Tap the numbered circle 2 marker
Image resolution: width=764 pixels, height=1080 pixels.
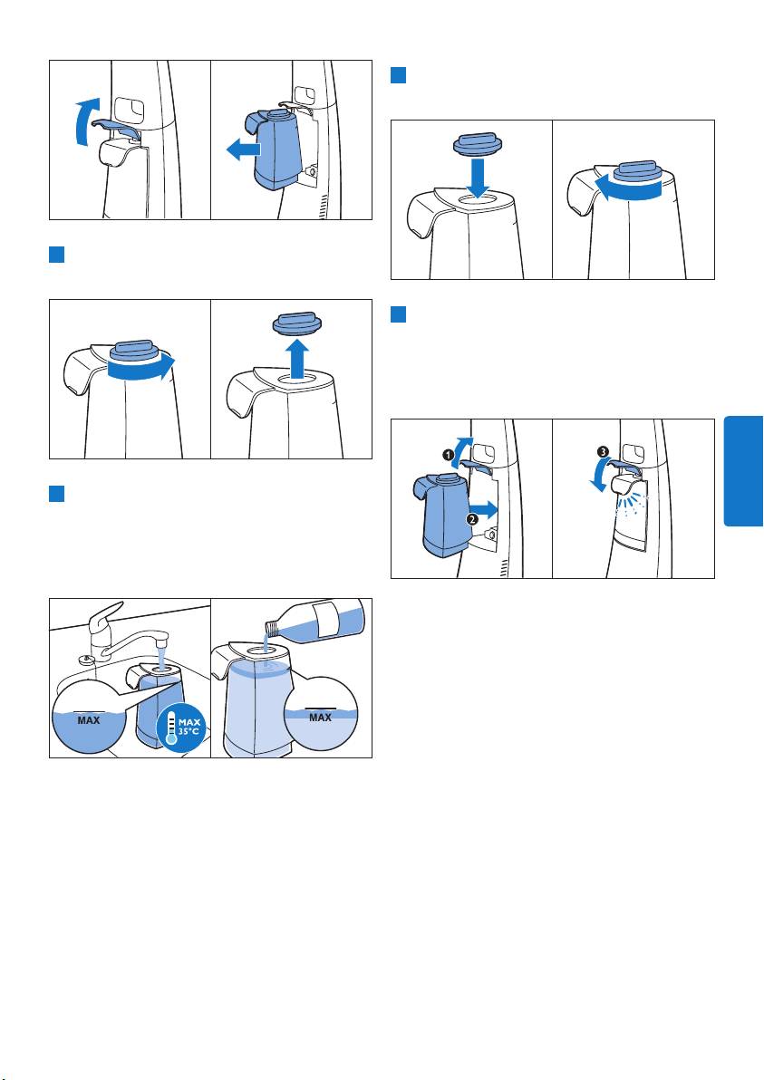[x=472, y=520]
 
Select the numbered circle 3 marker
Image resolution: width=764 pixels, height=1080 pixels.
[x=603, y=452]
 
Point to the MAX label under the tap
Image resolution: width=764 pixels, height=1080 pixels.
[x=88, y=720]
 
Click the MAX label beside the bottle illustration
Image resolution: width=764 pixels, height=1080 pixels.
[x=320, y=718]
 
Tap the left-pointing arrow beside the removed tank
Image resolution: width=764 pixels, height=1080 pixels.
[x=243, y=148]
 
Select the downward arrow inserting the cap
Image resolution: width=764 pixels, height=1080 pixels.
[x=477, y=177]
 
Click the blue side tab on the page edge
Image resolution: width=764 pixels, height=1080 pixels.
[x=744, y=471]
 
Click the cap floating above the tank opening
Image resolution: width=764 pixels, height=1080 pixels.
[x=297, y=323]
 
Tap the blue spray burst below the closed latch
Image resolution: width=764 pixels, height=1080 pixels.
[x=630, y=511]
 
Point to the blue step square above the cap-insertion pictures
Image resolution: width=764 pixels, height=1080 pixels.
[x=398, y=75]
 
